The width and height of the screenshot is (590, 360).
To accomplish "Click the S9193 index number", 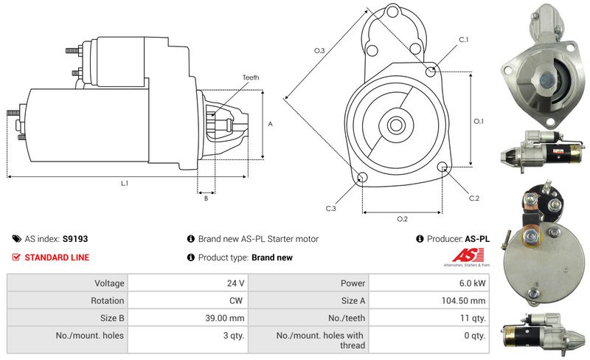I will click(75, 239).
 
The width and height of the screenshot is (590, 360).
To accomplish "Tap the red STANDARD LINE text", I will click(57, 257).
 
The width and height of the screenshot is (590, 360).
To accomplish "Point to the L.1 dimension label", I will click(125, 183).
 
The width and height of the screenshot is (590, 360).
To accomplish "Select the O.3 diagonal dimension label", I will click(319, 50).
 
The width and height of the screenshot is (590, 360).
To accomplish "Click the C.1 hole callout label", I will click(464, 38).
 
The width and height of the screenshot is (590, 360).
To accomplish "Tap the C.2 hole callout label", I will click(473, 198).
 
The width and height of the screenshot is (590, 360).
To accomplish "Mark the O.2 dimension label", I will click(403, 219).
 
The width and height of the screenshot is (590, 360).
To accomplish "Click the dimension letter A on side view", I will click(271, 124).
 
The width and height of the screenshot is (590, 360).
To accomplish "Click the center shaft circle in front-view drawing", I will click(392, 125).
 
